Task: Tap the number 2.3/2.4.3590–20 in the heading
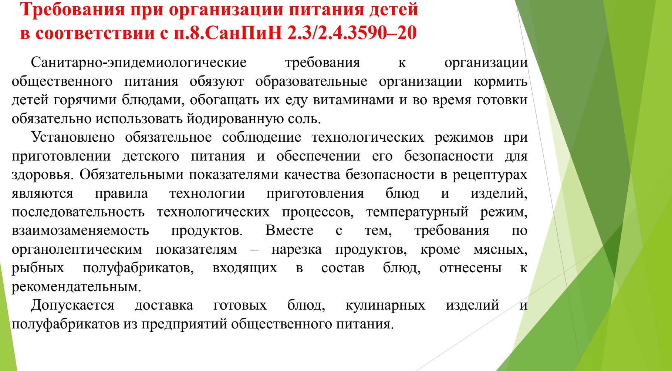coord(352,33)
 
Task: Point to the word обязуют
coord(217,82)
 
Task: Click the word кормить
coord(500,82)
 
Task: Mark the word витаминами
coord(353,100)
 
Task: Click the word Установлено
coord(73,138)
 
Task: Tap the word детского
coord(151,156)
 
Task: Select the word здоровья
coord(41,175)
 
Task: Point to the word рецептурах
coord(490,175)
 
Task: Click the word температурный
coord(417,212)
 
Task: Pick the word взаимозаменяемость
coord(80,231)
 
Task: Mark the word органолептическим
coord(77,250)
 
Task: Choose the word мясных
coord(500,250)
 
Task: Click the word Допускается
coord(72,306)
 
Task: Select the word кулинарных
coord(385,306)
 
